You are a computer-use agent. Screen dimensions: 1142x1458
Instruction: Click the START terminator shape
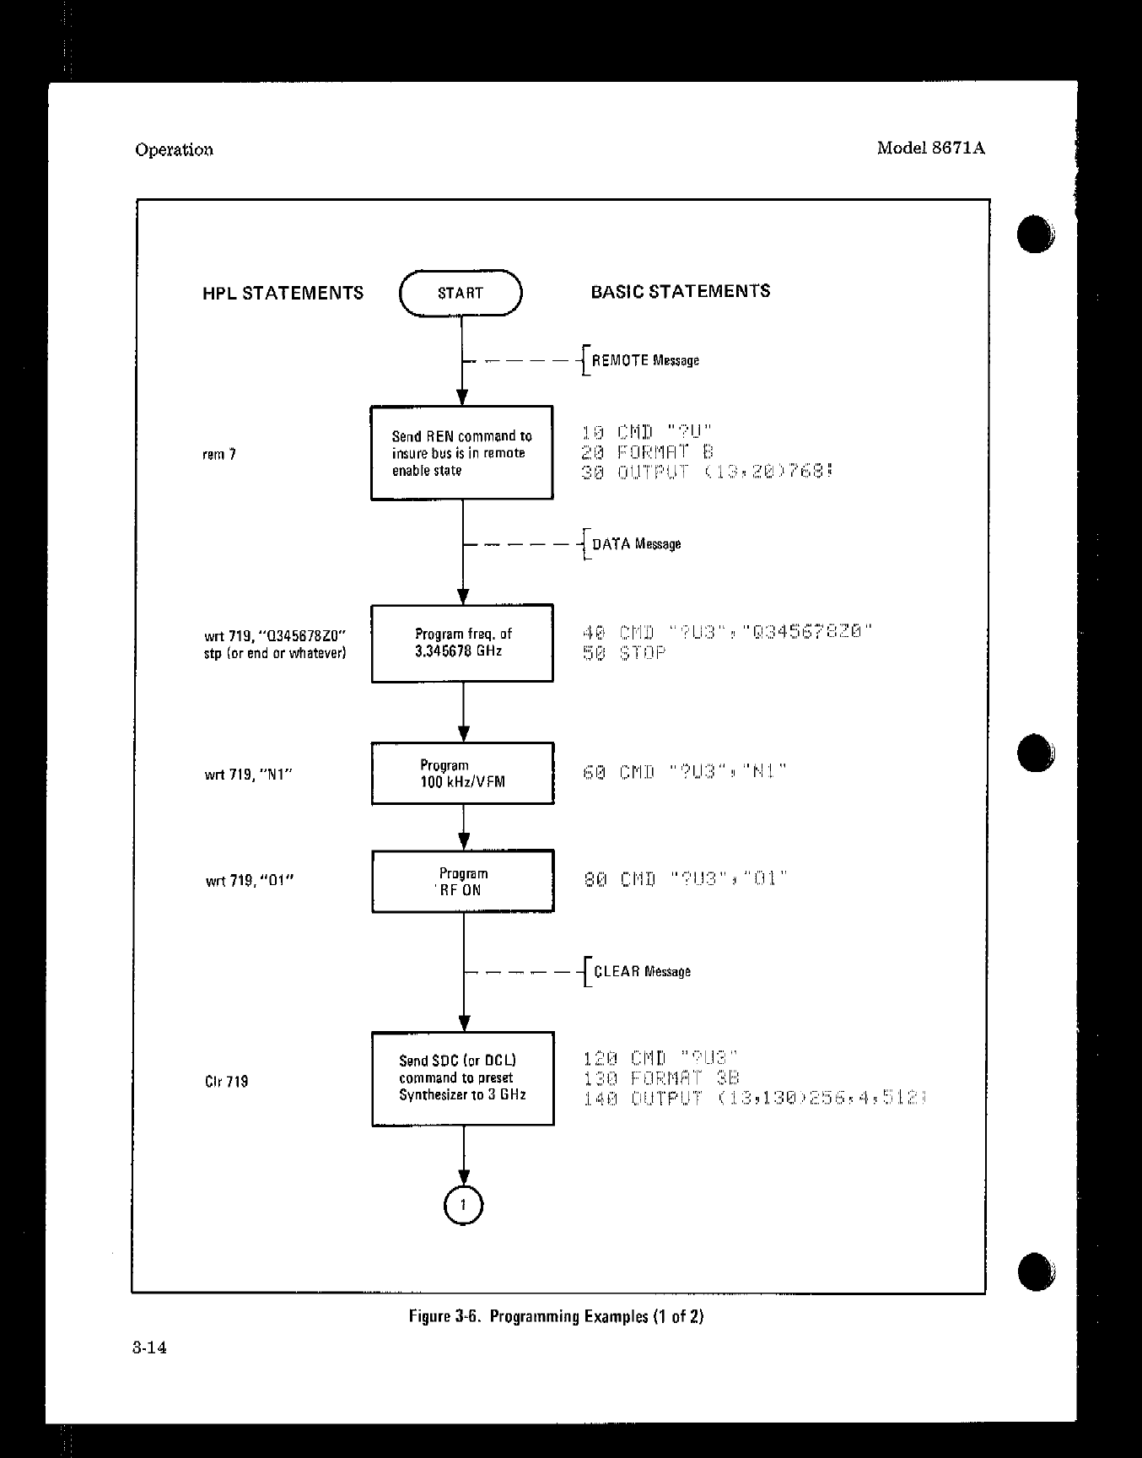461,293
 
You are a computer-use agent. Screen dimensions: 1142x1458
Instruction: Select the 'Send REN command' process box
462,453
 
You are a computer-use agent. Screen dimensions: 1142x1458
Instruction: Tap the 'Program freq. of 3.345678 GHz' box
462,643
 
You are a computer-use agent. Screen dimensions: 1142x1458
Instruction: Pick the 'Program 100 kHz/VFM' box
463,774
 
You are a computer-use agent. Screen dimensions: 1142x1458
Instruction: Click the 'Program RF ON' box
463,882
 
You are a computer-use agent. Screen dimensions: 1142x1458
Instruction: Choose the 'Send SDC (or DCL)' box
463,1078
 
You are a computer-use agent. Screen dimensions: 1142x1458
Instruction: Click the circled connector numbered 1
463,1205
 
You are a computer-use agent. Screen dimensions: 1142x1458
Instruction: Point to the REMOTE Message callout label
645,360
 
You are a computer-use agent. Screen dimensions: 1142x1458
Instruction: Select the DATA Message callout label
636,544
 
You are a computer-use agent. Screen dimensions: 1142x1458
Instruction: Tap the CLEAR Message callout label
642,971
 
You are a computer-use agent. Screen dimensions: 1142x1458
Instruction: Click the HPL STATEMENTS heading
283,293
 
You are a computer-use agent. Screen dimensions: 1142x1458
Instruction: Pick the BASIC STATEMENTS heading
680,291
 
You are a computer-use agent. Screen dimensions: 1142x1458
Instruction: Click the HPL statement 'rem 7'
220,455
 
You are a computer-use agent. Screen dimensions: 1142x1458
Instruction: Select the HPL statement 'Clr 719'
227,1082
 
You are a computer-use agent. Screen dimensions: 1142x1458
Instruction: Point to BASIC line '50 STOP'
624,653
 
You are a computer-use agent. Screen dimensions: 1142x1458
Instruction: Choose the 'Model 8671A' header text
930,148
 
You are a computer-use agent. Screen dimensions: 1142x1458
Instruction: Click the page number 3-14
149,1347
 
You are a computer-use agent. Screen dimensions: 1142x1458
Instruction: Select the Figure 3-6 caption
556,1316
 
